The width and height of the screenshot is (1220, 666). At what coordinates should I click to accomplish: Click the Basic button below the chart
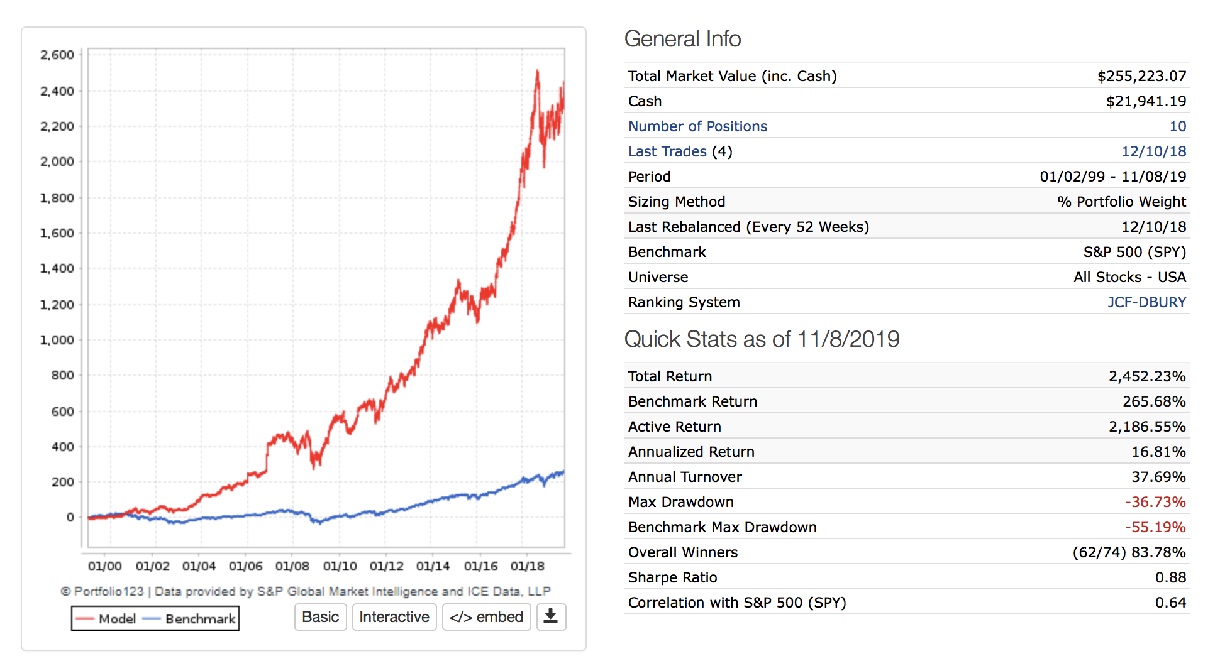[x=320, y=617]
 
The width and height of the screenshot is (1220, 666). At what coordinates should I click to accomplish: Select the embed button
[x=487, y=617]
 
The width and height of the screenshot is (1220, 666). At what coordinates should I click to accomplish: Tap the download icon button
[x=551, y=617]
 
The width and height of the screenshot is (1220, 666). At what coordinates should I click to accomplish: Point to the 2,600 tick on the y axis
[x=57, y=55]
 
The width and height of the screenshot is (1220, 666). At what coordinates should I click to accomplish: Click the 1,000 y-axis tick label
[x=57, y=340]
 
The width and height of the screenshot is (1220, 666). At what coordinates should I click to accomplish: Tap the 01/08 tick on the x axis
[x=292, y=566]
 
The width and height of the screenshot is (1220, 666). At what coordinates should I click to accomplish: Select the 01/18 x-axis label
[x=528, y=566]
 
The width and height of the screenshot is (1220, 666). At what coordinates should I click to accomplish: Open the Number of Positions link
[x=697, y=126]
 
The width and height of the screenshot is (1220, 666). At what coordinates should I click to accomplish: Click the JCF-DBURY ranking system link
[x=1146, y=302]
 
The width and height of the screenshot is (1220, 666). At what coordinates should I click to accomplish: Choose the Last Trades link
[x=667, y=151]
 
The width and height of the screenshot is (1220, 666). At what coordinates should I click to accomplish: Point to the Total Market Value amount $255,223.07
[x=1141, y=76]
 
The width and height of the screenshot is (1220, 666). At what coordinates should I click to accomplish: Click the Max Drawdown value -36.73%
[x=1155, y=502]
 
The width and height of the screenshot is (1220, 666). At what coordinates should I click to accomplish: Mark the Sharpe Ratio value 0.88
[x=1170, y=577]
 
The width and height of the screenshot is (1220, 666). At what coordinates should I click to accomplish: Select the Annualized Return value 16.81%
[x=1158, y=452]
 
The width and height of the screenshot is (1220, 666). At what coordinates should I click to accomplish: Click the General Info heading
[x=682, y=39]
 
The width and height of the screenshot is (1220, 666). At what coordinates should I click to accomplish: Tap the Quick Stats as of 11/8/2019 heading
[x=762, y=339]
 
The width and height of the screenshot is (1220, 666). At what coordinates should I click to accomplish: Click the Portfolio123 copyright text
[x=306, y=591]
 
